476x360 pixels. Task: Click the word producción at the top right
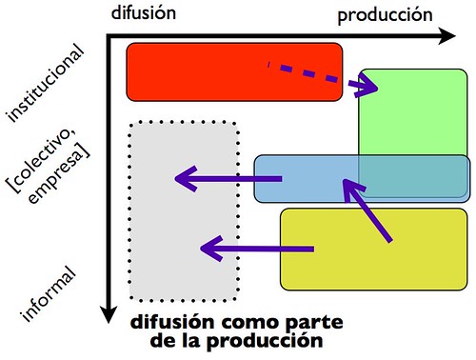[x=386, y=14]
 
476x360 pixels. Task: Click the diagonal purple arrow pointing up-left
[x=367, y=210]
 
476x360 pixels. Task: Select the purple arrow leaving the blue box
[x=227, y=178]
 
